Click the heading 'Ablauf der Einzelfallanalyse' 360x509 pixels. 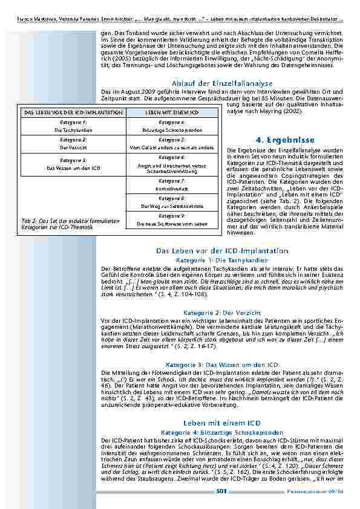pyautogui.click(x=222, y=83)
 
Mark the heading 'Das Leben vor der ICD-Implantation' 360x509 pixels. pyautogui.click(x=222, y=250)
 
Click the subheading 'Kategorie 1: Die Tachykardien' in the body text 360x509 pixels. pyautogui.click(x=222, y=259)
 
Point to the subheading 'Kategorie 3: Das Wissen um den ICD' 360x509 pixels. pyautogui.click(x=222, y=365)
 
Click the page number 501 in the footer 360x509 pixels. pyautogui.click(x=222, y=491)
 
